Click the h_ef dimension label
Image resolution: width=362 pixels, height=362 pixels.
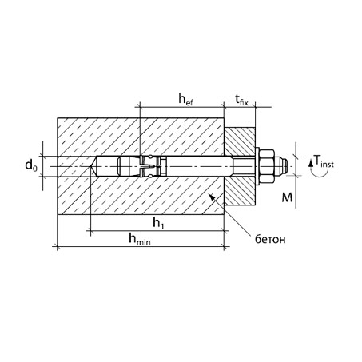(x=185, y=100)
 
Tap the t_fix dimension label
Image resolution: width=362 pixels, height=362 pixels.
(x=241, y=100)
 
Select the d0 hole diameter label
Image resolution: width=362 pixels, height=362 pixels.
(x=31, y=165)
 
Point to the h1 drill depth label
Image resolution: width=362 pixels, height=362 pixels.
(x=158, y=223)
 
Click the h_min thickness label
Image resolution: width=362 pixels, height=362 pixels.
(x=140, y=239)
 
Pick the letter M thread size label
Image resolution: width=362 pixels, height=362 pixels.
(x=287, y=197)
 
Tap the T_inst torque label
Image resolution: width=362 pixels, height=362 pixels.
(x=324, y=161)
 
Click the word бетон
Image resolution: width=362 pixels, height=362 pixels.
(x=270, y=239)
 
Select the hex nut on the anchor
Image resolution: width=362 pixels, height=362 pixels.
(x=267, y=166)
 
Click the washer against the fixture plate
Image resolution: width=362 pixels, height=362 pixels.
(x=257, y=166)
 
